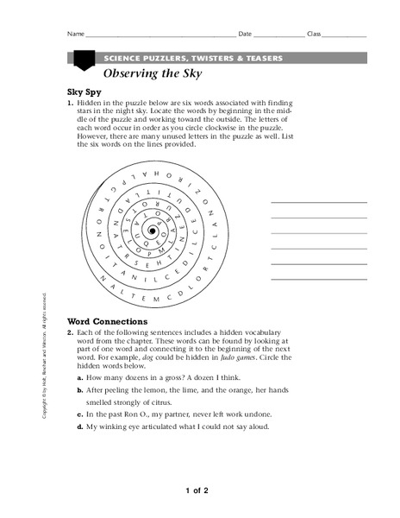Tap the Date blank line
[278, 36]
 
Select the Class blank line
[345, 36]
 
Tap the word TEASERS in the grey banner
[261, 58]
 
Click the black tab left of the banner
[84, 60]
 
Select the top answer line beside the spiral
[319, 202]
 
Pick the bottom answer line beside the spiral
[319, 280]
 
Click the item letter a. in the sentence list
[80, 378]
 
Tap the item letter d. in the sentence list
[80, 426]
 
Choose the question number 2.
[70, 332]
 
